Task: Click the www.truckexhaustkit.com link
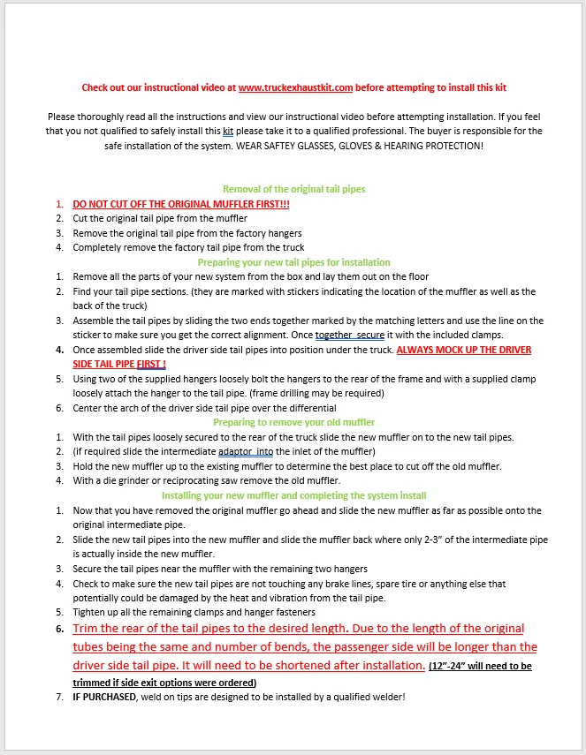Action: click(x=295, y=88)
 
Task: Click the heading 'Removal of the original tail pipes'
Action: click(x=293, y=189)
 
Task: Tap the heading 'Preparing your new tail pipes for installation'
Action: click(x=293, y=262)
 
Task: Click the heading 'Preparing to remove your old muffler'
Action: click(x=293, y=423)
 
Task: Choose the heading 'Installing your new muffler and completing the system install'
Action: click(x=293, y=496)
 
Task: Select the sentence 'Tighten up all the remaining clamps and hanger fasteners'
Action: click(x=194, y=613)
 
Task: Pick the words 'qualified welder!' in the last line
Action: click(x=369, y=698)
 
